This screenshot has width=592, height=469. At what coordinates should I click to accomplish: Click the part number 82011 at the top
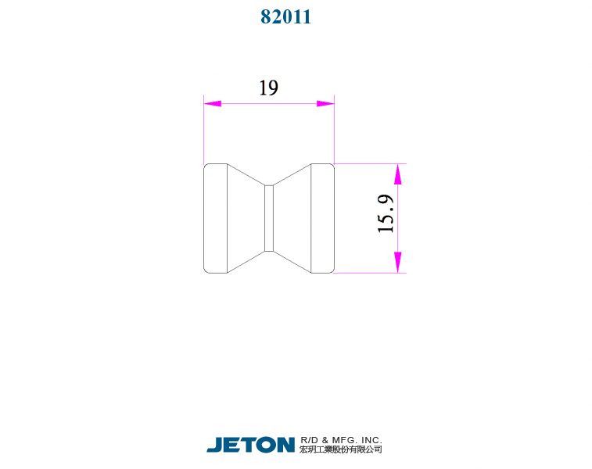(x=285, y=16)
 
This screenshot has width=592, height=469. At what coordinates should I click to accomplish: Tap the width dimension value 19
(x=268, y=88)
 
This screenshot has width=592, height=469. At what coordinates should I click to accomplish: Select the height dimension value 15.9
(x=386, y=214)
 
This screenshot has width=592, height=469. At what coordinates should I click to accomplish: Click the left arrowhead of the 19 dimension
(x=212, y=103)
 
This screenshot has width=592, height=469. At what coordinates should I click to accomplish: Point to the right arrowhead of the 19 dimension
(x=325, y=103)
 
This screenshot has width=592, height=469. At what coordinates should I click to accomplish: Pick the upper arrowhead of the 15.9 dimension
(x=397, y=174)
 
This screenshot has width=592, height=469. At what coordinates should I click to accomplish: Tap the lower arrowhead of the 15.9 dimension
(x=397, y=262)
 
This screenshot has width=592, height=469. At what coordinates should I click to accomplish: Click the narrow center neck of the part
(x=269, y=218)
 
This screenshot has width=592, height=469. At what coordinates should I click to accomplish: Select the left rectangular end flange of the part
(x=216, y=218)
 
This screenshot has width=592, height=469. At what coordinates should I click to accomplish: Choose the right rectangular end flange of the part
(x=322, y=218)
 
